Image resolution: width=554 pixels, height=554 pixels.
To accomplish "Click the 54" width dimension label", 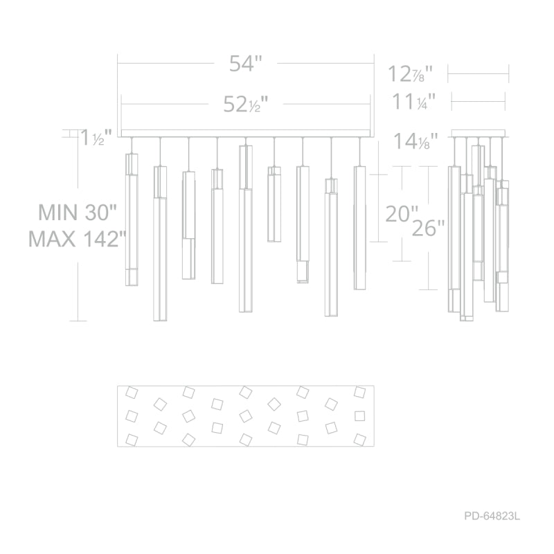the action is (246, 64).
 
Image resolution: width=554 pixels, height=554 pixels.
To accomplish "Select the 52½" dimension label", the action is (246, 105).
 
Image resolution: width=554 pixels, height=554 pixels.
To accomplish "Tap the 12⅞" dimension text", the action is (410, 74).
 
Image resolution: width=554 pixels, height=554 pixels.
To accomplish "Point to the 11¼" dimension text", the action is (413, 101).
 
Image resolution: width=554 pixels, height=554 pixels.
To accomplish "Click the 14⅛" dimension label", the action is (415, 141).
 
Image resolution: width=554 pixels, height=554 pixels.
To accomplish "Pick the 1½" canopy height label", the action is (96, 137).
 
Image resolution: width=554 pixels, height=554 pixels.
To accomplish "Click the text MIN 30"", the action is (77, 213).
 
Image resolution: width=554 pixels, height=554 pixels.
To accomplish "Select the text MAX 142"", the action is (77, 239).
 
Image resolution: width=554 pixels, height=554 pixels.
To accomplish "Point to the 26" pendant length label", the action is (428, 228).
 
